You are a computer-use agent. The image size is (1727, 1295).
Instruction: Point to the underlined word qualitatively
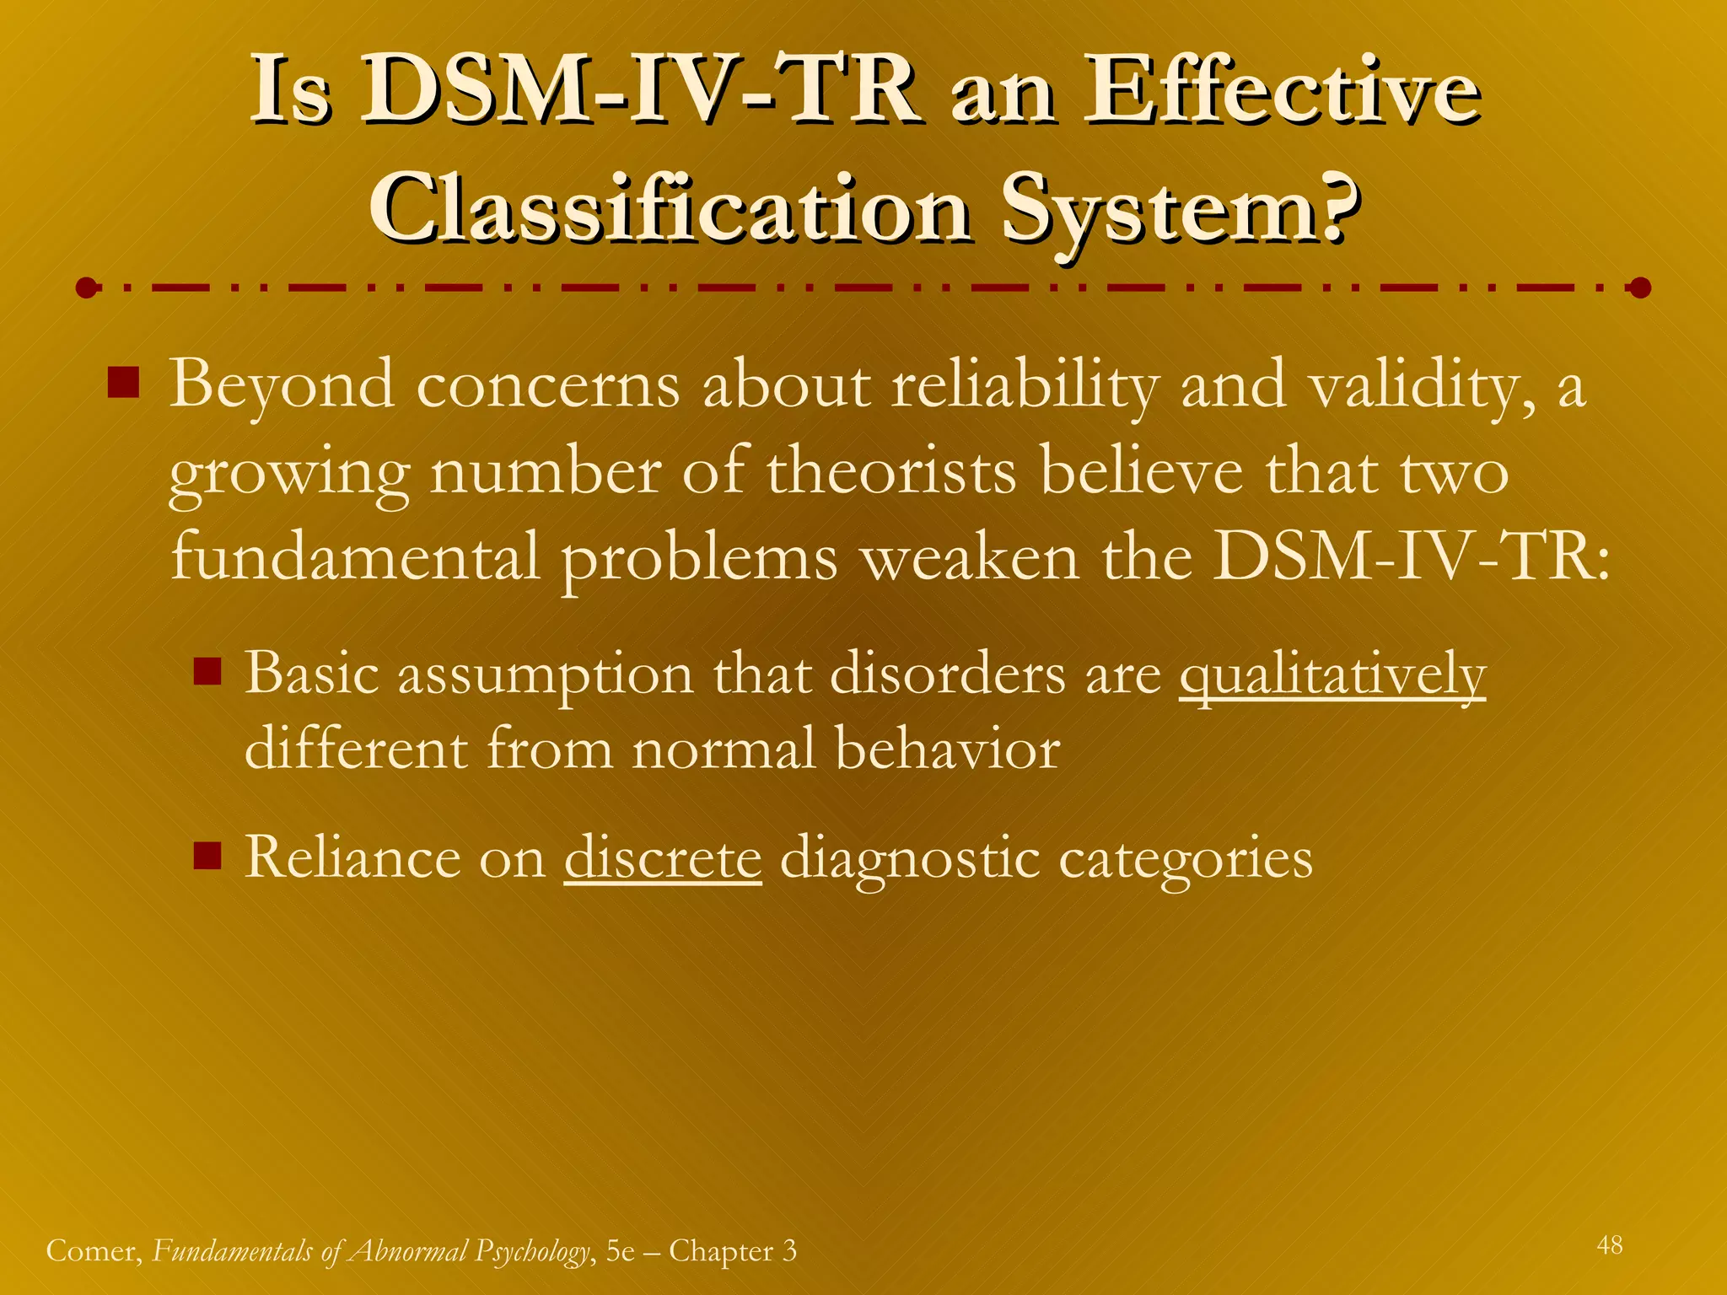coord(1332,674)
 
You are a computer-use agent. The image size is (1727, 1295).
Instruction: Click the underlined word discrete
coord(663,858)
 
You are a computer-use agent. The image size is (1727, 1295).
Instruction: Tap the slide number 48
coord(1609,1245)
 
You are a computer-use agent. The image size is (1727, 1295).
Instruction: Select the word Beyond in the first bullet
coord(282,386)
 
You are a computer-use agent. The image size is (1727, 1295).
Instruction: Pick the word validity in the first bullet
coord(1422,386)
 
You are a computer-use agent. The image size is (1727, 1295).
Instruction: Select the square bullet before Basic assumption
coord(207,672)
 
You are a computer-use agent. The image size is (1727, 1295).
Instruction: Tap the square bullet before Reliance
coord(207,856)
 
